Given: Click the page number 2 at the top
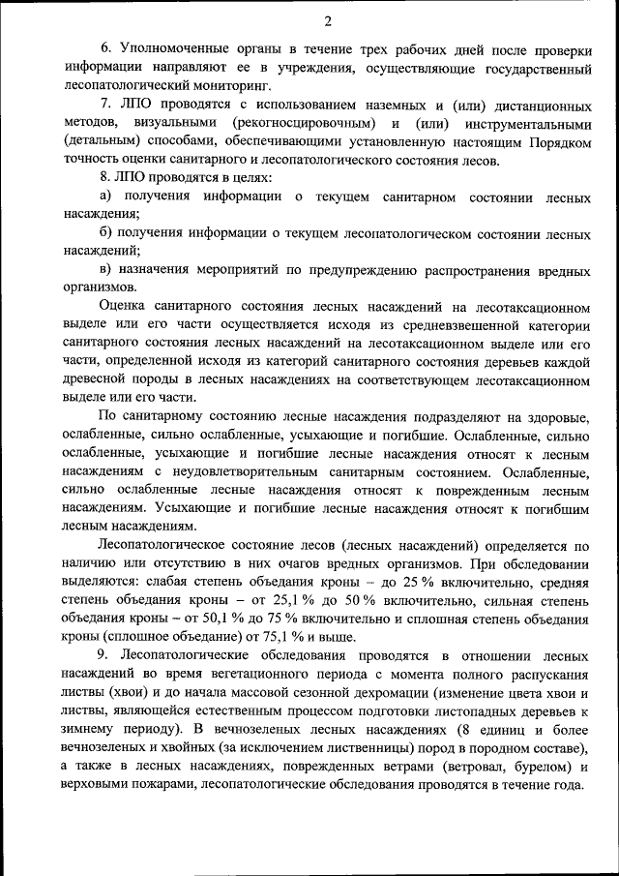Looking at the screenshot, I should pos(328,21).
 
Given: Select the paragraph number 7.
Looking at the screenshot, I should pos(105,104).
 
